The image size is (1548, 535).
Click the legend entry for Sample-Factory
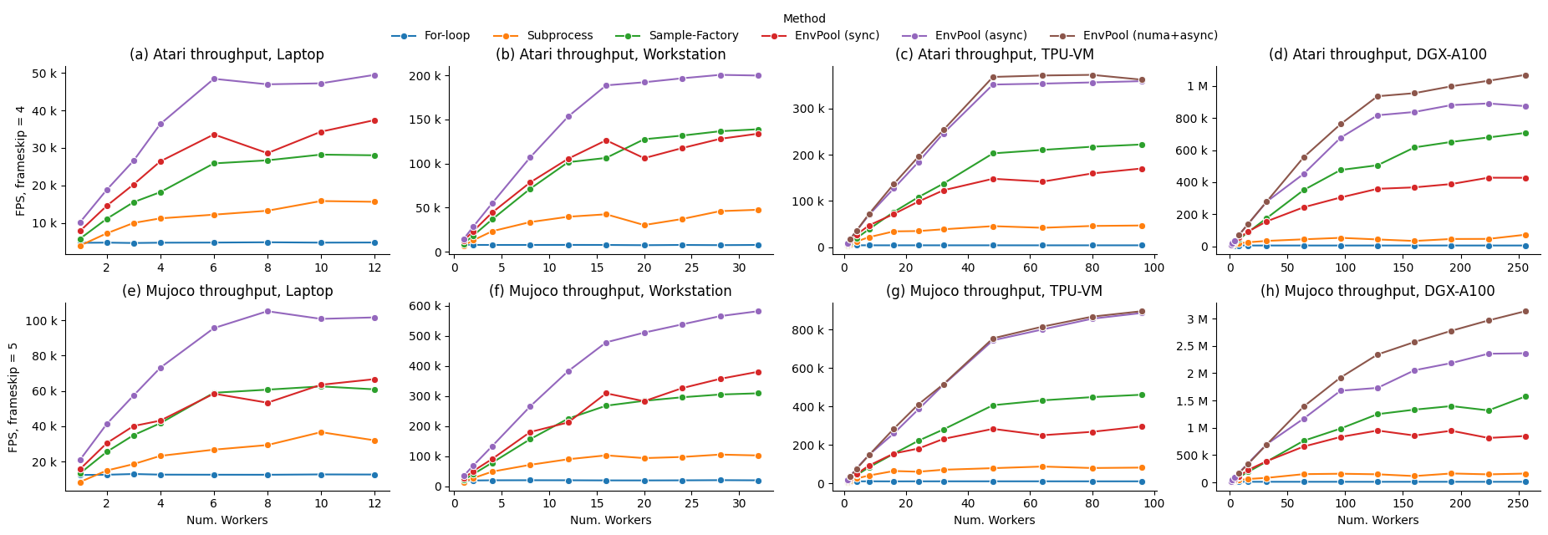pyautogui.click(x=693, y=36)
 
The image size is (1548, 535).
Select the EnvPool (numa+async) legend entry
pyautogui.click(x=1149, y=36)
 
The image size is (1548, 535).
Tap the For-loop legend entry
pyautogui.click(x=446, y=36)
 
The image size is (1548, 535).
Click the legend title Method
pyautogui.click(x=804, y=18)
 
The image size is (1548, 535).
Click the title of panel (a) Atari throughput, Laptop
pyautogui.click(x=227, y=54)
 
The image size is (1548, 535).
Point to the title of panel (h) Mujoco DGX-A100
pyautogui.click(x=1377, y=291)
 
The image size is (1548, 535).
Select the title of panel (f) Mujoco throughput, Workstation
pyautogui.click(x=610, y=291)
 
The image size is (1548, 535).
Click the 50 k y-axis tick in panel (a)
pyautogui.click(x=44, y=74)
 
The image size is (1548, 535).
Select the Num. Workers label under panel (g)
pyautogui.click(x=994, y=520)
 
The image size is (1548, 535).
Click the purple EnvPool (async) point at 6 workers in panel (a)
pyautogui.click(x=214, y=79)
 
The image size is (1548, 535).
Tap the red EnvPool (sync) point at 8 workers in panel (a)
pyautogui.click(x=267, y=154)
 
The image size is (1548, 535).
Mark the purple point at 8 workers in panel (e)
pyautogui.click(x=267, y=311)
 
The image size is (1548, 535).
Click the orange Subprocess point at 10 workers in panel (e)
pyautogui.click(x=321, y=432)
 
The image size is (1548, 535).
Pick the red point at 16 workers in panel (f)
pyautogui.click(x=606, y=393)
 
